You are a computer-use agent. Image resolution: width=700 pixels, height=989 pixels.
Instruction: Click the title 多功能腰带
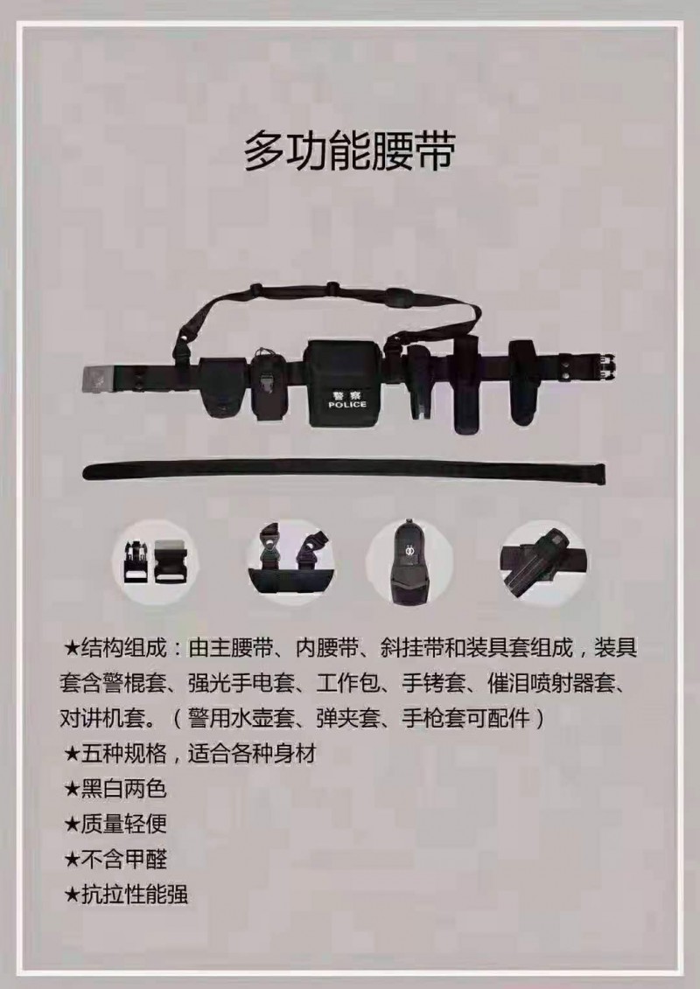[x=350, y=150]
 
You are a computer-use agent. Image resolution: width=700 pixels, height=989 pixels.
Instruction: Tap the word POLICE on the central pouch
[x=347, y=404]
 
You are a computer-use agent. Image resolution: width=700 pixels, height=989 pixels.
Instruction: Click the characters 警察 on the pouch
[x=347, y=394]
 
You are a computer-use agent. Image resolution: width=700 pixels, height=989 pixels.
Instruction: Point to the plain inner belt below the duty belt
[x=344, y=470]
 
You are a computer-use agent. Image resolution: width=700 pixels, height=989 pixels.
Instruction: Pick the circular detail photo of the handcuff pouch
[x=409, y=561]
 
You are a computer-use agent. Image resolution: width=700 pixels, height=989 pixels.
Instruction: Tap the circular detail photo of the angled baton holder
[x=543, y=561]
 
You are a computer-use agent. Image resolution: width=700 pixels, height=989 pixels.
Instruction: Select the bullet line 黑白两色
[x=115, y=789]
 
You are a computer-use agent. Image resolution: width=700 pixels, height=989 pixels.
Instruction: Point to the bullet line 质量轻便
[x=115, y=824]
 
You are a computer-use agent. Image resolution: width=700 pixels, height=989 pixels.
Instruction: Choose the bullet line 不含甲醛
[x=115, y=859]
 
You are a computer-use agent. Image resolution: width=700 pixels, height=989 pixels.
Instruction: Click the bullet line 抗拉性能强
[x=126, y=895]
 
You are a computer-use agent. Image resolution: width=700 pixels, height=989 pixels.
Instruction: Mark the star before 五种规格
[x=72, y=754]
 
